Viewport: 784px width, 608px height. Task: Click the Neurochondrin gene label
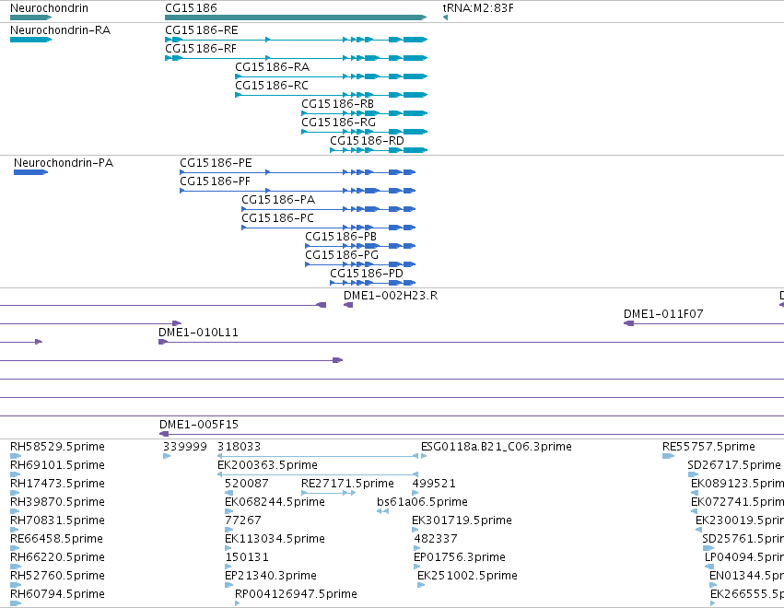pos(49,8)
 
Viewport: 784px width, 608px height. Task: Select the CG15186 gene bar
pos(296,18)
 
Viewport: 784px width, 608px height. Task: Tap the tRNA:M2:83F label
pos(478,8)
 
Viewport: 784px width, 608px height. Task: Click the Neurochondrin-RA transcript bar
pos(30,40)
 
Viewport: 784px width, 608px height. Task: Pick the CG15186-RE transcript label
pos(202,30)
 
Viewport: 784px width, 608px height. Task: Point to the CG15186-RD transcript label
pos(367,141)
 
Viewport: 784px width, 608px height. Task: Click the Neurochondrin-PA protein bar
pos(30,172)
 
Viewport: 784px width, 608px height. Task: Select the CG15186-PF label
pos(215,181)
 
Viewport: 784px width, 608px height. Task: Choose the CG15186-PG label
pos(342,255)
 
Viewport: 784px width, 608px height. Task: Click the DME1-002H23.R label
pos(391,296)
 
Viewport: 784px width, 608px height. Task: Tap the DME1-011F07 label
pos(663,314)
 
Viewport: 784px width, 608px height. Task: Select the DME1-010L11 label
pos(198,333)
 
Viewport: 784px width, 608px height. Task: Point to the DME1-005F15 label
pos(199,425)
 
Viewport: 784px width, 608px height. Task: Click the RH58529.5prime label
pos(57,447)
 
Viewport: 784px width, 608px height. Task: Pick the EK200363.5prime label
pos(267,465)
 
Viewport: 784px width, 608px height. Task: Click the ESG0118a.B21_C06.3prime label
pos(496,447)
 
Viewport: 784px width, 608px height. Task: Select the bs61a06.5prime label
pos(423,501)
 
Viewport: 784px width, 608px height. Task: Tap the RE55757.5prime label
pos(709,447)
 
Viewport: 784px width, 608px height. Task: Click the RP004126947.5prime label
pos(296,594)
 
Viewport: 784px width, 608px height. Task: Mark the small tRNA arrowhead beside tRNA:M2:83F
pos(446,18)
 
